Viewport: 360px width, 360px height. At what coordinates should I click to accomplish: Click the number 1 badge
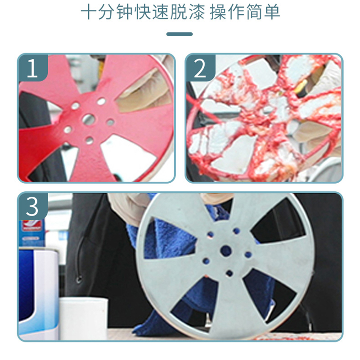click(x=33, y=68)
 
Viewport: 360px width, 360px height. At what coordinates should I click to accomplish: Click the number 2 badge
click(x=200, y=68)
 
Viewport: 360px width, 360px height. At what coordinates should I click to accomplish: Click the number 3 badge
click(x=33, y=207)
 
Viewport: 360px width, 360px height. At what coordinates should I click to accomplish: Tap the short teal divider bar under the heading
click(x=180, y=34)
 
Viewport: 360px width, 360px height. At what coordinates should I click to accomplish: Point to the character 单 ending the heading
click(x=272, y=12)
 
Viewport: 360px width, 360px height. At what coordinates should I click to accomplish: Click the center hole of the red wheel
click(x=89, y=119)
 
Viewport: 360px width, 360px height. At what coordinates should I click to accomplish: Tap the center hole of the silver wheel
click(x=226, y=251)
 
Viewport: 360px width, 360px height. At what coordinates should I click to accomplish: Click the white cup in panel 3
click(x=84, y=318)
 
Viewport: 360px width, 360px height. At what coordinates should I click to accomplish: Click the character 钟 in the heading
click(x=125, y=12)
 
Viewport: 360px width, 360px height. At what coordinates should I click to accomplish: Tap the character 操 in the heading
click(x=218, y=12)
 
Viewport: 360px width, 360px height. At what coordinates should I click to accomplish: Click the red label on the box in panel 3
click(x=31, y=226)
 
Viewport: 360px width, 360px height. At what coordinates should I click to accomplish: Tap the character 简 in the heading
click(x=254, y=12)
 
